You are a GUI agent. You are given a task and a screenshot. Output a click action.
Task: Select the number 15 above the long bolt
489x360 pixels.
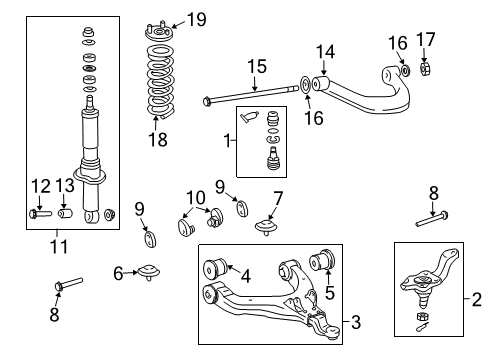pyautogui.click(x=258, y=67)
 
